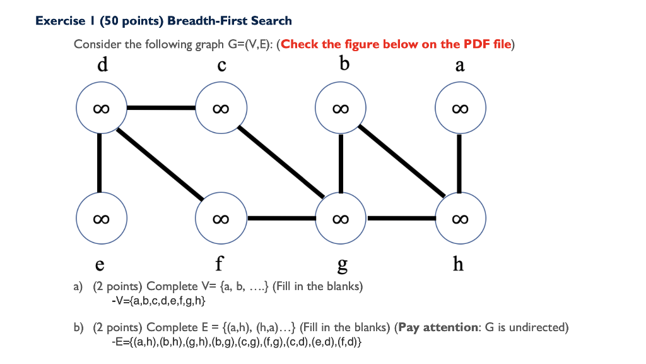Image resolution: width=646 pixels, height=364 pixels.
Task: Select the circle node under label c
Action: (220, 109)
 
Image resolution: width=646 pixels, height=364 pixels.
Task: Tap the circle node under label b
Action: (340, 109)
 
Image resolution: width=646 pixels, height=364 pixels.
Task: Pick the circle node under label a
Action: (460, 109)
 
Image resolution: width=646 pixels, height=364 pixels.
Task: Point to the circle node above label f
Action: (220, 219)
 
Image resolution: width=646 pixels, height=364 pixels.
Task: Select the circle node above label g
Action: (340, 219)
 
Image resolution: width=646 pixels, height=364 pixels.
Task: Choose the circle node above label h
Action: (460, 219)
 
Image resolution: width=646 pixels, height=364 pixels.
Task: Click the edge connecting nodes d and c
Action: (161, 108)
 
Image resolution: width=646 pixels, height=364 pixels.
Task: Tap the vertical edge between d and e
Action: (100, 163)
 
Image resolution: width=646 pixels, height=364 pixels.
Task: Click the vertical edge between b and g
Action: (340, 163)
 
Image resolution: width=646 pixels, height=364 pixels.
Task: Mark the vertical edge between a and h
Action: (459, 163)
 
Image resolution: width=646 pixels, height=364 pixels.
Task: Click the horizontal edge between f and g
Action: (280, 219)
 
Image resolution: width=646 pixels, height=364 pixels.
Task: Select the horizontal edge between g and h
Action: (400, 219)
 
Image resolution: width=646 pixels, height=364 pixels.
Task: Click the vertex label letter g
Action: (341, 264)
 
